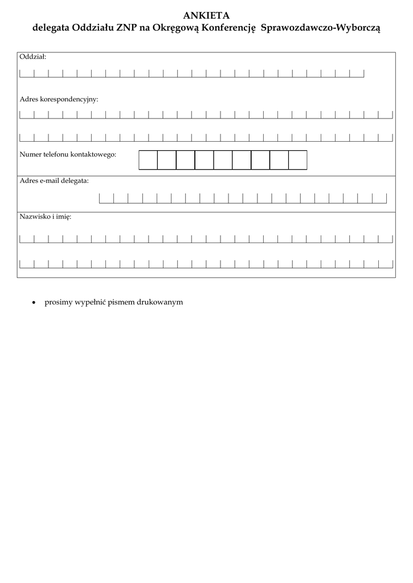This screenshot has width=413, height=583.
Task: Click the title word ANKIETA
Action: [x=206, y=15]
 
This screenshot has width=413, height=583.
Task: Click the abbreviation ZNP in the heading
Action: [x=127, y=27]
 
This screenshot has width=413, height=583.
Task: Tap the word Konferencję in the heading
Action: [x=227, y=27]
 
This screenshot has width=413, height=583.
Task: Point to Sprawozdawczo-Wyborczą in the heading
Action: [x=320, y=27]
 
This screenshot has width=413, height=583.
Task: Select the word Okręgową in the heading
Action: [x=175, y=28]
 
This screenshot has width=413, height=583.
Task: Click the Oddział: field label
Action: [x=33, y=57]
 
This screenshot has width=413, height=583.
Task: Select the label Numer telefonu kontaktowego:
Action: [x=68, y=154]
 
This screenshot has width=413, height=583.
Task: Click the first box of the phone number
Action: [x=148, y=160]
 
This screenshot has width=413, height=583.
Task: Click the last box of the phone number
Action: [x=297, y=160]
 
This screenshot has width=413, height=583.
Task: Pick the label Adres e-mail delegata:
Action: [x=54, y=180]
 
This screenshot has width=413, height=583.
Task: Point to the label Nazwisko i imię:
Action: [x=46, y=217]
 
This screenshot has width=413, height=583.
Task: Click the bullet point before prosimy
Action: [x=34, y=302]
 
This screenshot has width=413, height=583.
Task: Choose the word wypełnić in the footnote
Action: [x=91, y=302]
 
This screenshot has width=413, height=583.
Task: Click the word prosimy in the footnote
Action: [x=59, y=302]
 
